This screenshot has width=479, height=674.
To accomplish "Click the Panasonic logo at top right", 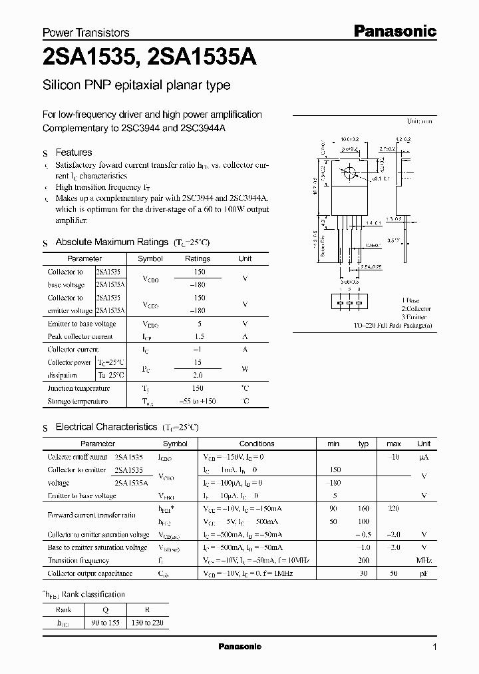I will point(394,31).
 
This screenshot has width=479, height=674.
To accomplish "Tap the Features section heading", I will point(73,153).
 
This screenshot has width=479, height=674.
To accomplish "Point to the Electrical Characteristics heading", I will point(106,426).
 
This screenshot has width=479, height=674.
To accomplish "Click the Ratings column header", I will point(198,258).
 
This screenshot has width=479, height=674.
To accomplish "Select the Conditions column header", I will point(257,444).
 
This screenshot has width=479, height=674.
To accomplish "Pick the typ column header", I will point(363,444).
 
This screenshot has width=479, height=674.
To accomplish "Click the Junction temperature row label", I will point(79,388).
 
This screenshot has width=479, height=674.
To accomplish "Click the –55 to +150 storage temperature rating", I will point(198,402).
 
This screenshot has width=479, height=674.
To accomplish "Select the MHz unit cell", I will point(424,560).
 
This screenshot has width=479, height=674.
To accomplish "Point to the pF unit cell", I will point(424,573).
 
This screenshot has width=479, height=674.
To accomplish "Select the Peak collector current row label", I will point(80,336).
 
